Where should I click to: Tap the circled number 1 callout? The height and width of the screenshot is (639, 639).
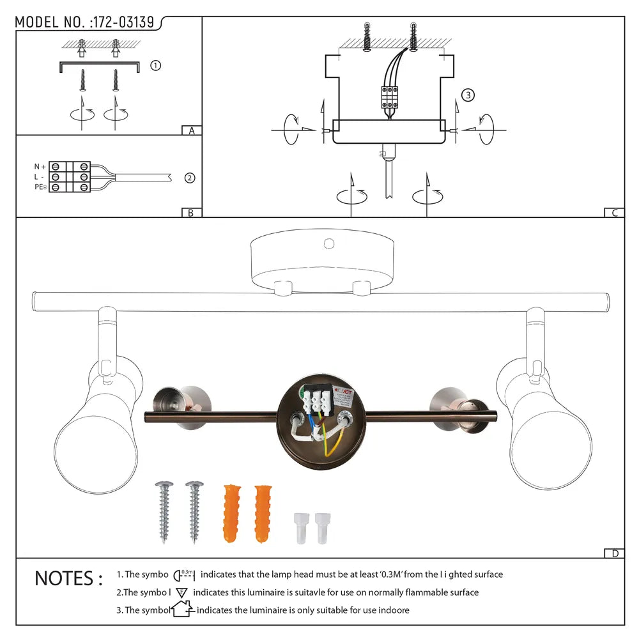coord(155,65)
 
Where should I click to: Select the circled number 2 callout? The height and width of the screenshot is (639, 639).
coord(189,178)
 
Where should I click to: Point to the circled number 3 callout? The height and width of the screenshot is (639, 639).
coord(468,95)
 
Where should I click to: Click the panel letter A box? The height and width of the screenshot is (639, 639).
coord(191,131)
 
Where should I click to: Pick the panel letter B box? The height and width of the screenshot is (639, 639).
coord(191,213)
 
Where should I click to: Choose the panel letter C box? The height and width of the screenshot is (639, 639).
coord(614,213)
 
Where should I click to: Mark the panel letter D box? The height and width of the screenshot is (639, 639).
coord(614,553)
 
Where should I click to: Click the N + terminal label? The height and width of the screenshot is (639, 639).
coord(40,166)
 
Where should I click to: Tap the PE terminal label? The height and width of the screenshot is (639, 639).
coord(40,187)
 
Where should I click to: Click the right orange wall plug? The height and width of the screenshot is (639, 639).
coord(262,514)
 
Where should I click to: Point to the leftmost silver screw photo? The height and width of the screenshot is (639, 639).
coord(163,512)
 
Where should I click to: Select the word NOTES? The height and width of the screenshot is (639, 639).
coord(68,579)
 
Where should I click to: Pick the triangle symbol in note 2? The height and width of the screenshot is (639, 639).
coord(181,592)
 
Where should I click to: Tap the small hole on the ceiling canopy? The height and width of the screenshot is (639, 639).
coord(329,243)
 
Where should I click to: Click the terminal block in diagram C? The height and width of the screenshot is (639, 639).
coord(389,96)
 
